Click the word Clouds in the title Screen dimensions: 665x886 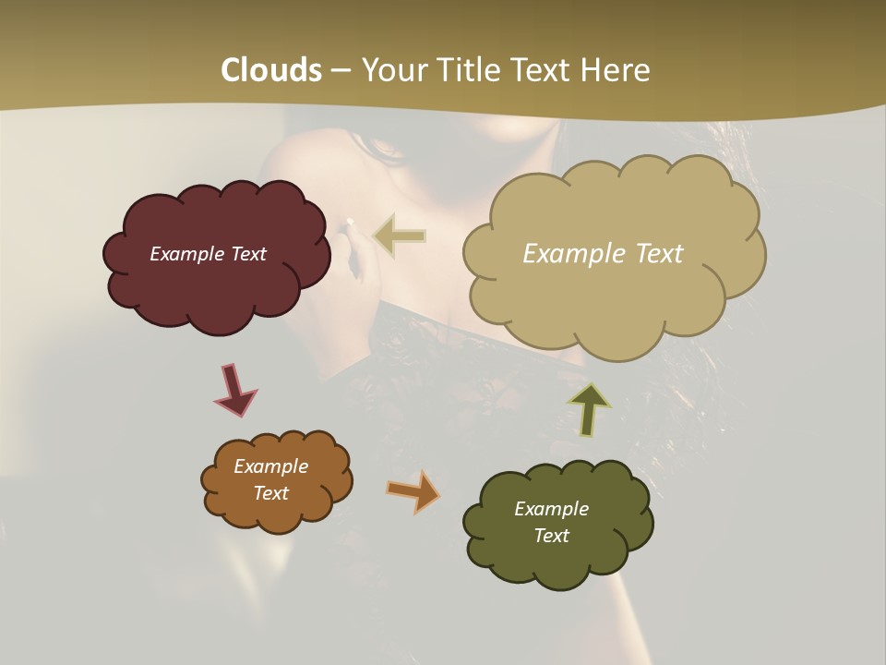point(271,70)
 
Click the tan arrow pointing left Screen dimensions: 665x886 point(400,236)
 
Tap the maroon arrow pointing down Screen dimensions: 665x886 point(234,389)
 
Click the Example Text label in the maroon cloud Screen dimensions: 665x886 point(208,254)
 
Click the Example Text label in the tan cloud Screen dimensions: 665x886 point(603,254)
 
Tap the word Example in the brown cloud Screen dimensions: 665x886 point(270,466)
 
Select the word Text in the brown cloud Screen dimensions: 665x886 point(270,493)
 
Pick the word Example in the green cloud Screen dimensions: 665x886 point(551,509)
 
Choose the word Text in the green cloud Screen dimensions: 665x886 point(551,536)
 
